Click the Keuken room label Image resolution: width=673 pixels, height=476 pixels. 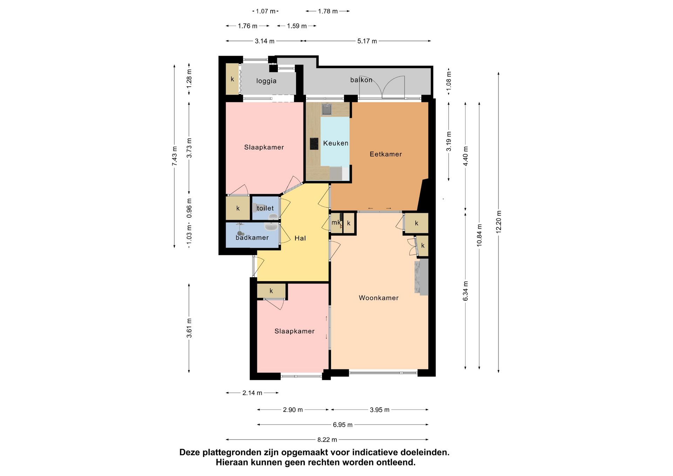[335, 143]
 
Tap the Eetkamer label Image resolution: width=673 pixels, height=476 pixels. [386, 154]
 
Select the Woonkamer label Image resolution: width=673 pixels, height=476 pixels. [379, 298]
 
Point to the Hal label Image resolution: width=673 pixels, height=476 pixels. [300, 238]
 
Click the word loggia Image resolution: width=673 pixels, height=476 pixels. [266, 81]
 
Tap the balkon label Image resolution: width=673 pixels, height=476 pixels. [361, 80]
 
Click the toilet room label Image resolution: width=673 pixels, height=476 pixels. [265, 208]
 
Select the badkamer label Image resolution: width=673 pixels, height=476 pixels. [252, 237]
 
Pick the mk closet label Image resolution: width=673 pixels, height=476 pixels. [336, 223]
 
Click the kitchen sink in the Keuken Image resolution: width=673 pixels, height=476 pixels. [327, 110]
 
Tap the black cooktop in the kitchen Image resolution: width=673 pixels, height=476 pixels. [314, 144]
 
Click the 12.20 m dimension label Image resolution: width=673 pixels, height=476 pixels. [499, 222]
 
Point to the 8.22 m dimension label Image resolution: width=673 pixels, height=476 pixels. [327, 440]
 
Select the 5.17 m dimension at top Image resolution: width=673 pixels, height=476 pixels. [367, 41]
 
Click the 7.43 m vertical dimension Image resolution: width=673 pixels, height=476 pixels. [174, 156]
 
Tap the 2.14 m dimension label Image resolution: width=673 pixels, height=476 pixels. [252, 393]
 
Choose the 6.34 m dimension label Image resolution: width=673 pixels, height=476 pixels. [465, 291]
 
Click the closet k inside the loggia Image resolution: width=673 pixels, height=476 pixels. [232, 79]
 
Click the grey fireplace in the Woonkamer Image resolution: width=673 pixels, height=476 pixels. [421, 277]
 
